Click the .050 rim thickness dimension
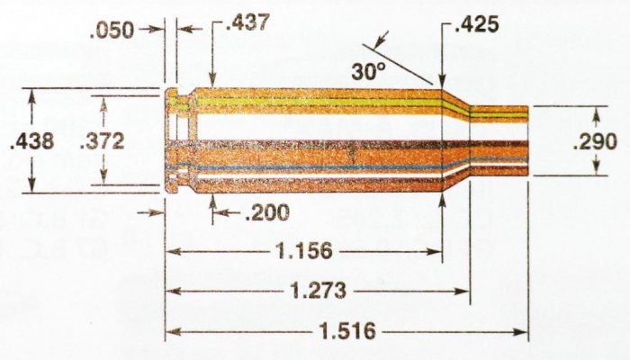point(112,30)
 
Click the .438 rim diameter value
point(30,140)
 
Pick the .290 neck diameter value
point(595,141)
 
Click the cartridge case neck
point(500,140)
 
